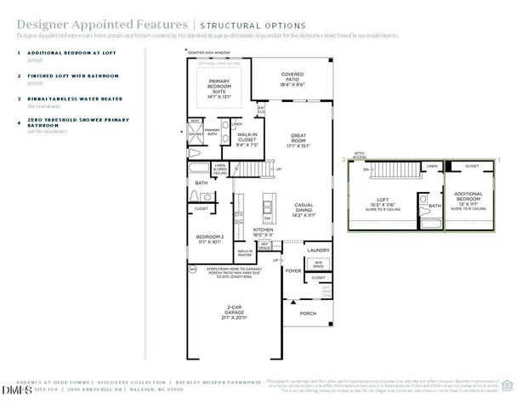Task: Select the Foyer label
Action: coord(292,271)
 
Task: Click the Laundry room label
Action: coord(318,250)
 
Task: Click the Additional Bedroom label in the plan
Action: coord(468,201)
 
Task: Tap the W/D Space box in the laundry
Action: coord(317,263)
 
